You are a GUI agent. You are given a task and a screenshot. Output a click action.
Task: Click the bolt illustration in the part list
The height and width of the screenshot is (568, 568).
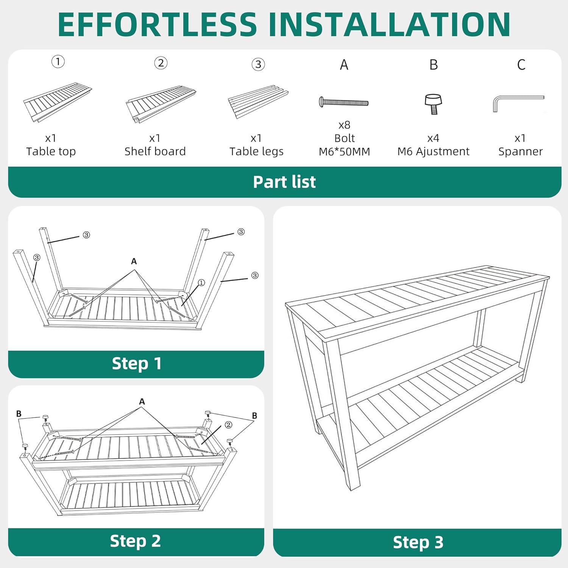tap(344, 102)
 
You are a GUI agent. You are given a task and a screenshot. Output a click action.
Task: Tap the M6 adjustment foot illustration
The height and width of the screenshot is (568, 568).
tap(434, 104)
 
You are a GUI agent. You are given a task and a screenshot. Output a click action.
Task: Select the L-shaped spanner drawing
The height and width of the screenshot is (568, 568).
tap(518, 103)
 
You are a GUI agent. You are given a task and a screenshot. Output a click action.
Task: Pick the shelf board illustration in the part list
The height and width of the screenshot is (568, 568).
tap(161, 105)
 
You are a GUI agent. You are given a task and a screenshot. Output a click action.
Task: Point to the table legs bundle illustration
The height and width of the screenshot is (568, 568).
tap(258, 101)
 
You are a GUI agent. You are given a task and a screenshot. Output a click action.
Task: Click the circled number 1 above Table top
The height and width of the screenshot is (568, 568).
tap(58, 61)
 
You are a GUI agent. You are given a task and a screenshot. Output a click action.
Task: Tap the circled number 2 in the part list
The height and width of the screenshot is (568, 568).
tap(161, 63)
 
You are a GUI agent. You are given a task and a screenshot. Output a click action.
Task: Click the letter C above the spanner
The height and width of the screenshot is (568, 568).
tap(521, 65)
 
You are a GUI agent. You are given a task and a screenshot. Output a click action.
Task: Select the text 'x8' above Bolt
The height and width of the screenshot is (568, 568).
tap(344, 125)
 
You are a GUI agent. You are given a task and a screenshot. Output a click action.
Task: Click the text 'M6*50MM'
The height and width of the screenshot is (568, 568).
tap(344, 151)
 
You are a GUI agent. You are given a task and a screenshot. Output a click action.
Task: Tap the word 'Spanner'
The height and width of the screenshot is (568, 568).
tap(520, 152)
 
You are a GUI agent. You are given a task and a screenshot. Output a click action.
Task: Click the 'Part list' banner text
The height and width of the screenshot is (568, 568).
tap(284, 182)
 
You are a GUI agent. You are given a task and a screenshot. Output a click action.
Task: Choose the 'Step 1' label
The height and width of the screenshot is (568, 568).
tap(137, 364)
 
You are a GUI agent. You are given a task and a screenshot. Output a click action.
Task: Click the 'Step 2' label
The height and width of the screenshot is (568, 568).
tap(136, 541)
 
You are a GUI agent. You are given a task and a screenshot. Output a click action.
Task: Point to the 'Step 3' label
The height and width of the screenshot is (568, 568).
tap(418, 542)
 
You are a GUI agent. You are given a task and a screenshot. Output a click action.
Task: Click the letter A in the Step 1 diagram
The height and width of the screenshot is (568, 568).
tap(134, 261)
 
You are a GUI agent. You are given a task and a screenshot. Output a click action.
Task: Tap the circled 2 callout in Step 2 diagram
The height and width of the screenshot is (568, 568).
tap(228, 425)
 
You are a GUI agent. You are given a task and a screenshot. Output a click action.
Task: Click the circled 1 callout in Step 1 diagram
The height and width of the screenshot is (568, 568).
tap(201, 283)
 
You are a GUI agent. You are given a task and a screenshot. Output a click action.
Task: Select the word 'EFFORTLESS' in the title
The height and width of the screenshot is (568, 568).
tap(158, 24)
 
